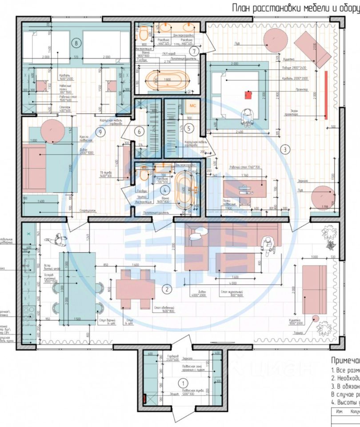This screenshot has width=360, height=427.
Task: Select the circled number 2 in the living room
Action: pos(166,289)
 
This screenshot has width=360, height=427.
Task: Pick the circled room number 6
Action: pos(139,131)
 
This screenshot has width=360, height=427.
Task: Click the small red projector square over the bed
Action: pos(249,94)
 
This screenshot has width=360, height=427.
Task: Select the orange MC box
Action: pos(192,106)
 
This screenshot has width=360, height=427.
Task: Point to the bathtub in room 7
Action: pos(165,80)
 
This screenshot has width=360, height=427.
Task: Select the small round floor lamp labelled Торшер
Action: pos(315,318)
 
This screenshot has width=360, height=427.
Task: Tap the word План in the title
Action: pos(242,8)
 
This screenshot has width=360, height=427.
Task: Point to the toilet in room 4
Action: pos(144,174)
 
